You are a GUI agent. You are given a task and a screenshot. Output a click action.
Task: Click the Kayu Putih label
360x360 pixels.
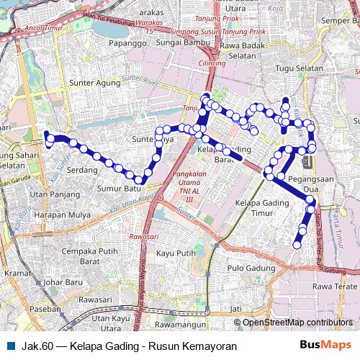pyautogui.click(x=176, y=253)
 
